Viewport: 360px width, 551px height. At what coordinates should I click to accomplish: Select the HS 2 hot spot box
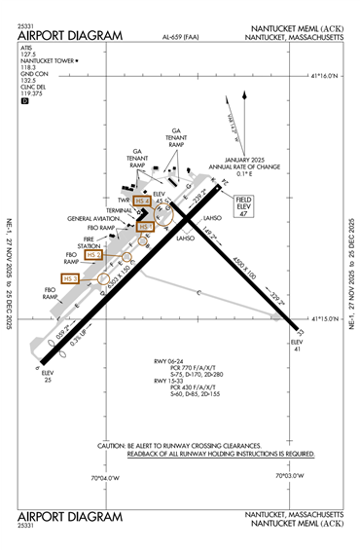[94, 254]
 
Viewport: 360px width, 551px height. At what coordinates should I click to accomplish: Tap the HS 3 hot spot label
[69, 278]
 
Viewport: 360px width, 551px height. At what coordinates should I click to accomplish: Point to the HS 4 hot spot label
[142, 202]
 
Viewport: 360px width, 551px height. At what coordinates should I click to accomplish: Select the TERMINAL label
[120, 210]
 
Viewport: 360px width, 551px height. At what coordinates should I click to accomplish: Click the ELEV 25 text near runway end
[48, 375]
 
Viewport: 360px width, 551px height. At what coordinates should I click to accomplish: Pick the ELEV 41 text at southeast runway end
[297, 347]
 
